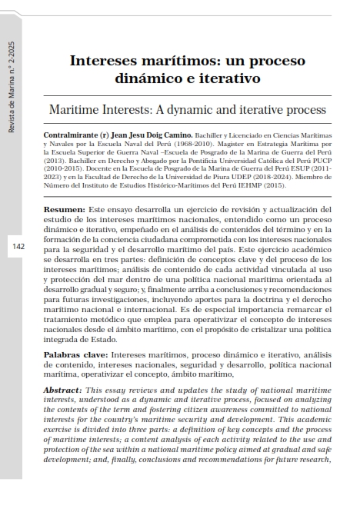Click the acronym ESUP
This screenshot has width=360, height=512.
298,171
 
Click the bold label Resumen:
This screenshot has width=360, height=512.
64,209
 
